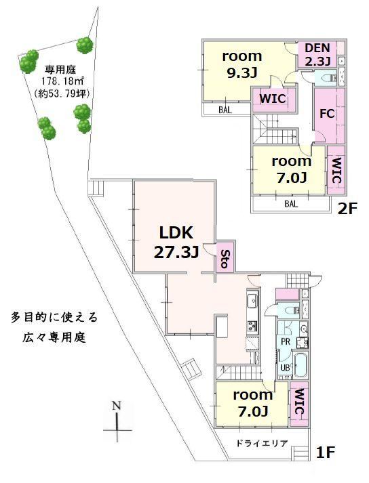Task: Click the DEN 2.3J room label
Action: (x=317, y=54)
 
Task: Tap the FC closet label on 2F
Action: (x=327, y=114)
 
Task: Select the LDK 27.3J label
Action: (x=176, y=243)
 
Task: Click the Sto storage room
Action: (x=225, y=258)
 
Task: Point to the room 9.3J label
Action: (x=242, y=64)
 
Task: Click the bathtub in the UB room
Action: (x=301, y=365)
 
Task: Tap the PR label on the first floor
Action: (x=286, y=342)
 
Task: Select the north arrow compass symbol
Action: (x=117, y=421)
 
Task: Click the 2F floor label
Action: (x=347, y=209)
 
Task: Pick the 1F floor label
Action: (x=326, y=453)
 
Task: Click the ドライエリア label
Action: (x=262, y=444)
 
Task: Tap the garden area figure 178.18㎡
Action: (x=63, y=81)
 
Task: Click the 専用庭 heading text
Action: (x=60, y=70)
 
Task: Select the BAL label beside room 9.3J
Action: (x=225, y=110)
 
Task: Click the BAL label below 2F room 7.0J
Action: (x=291, y=204)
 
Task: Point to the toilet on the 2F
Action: (x=328, y=78)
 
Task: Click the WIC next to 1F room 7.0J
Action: (x=299, y=402)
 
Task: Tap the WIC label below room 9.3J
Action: (x=273, y=99)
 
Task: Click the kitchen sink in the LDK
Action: (x=252, y=299)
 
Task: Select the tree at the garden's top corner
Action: (x=85, y=45)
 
